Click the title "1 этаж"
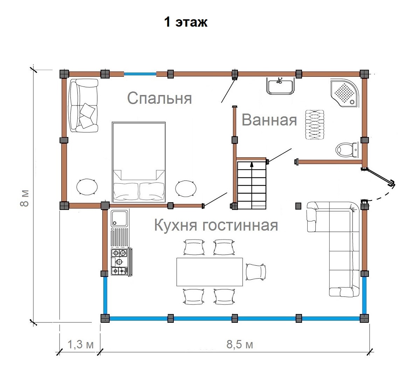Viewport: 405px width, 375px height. coord(186,22)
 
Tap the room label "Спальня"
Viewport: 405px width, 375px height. coord(160,98)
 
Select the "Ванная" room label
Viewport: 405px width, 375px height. coord(269,120)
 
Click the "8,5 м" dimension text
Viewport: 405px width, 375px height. coord(240,345)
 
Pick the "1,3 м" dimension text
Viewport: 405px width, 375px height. coord(80,345)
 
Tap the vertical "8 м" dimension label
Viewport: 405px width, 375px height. coord(25,198)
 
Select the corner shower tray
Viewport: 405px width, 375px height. coord(345,93)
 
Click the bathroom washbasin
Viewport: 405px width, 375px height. coord(280,86)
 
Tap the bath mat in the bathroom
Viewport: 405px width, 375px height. coord(315,124)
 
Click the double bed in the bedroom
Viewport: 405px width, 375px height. coord(139,162)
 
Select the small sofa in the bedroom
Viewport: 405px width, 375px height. coord(84,106)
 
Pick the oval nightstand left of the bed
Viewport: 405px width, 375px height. coord(87,187)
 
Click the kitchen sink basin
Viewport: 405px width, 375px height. coord(119,218)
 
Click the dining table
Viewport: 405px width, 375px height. coord(210,272)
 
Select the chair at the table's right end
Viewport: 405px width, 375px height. coord(256,272)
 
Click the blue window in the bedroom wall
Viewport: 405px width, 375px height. coord(140,74)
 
